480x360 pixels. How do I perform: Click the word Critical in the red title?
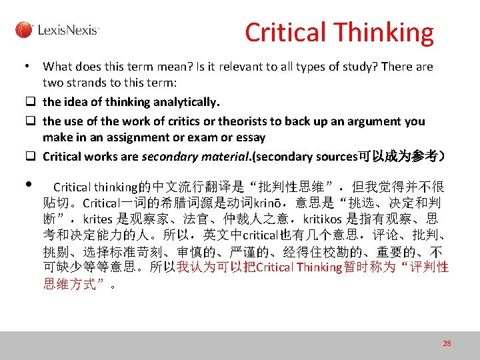[x=285, y=32]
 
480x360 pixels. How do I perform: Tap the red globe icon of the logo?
[x=24, y=30]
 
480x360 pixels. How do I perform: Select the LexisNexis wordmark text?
[x=69, y=30]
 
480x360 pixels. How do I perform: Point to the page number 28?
[x=447, y=343]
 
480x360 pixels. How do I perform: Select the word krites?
[x=97, y=219]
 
